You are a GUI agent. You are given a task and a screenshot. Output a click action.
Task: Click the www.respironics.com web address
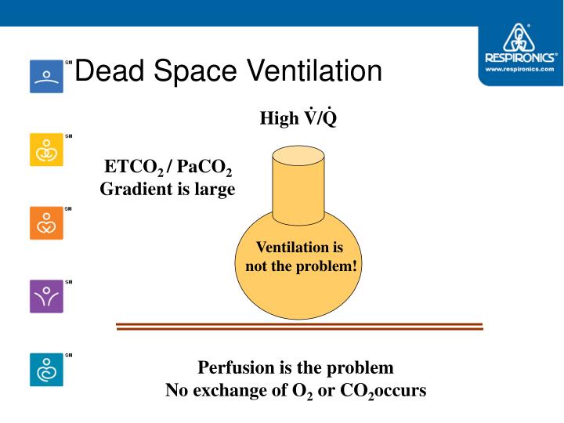520,69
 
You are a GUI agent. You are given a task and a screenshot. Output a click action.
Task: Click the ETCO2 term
133,168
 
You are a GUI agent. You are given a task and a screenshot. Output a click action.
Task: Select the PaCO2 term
204,168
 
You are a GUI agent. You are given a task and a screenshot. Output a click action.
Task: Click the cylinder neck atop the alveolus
298,184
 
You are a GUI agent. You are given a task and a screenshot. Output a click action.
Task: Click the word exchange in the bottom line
248,389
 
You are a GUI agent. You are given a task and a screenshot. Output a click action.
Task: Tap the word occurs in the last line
403,389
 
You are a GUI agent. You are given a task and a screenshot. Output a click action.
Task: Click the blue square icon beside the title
46,76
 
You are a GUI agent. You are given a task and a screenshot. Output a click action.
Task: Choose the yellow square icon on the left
46,150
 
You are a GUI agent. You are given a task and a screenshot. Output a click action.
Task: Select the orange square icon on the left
46,223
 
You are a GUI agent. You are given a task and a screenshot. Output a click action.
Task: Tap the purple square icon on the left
46,296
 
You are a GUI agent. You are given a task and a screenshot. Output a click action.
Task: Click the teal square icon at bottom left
46,370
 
